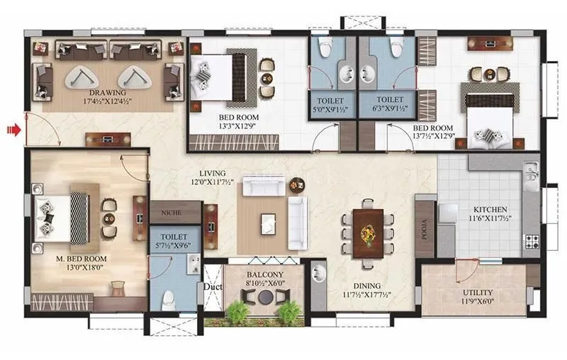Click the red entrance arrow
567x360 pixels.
[x=13, y=130]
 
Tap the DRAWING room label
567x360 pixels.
[x=108, y=93]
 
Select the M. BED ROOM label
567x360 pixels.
[x=81, y=259]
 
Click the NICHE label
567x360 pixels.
[x=170, y=211]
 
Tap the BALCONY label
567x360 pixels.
[x=265, y=274]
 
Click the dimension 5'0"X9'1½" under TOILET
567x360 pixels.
[x=330, y=110]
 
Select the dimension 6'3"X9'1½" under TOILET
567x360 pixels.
[x=390, y=110]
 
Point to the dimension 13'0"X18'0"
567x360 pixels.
[x=81, y=269]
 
